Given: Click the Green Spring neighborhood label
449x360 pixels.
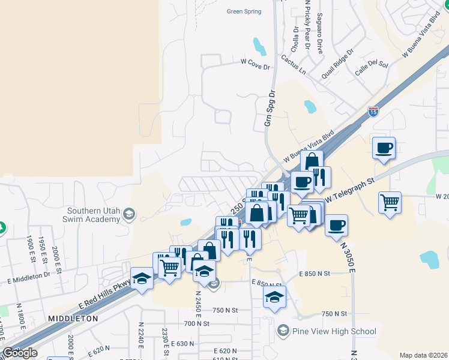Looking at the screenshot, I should tap(244, 11).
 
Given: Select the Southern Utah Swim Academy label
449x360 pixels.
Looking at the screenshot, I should tap(94, 215).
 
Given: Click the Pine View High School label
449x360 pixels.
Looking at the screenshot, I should tap(334, 331).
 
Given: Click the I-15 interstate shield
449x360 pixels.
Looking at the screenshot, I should tap(373, 112).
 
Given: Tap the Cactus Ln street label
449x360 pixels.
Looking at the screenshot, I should tap(293, 65).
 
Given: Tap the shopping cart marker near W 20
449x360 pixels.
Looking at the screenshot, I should tap(390, 202).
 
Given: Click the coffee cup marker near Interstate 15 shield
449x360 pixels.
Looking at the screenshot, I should tap(384, 147).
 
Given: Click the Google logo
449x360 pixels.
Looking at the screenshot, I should tap(20, 353).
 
